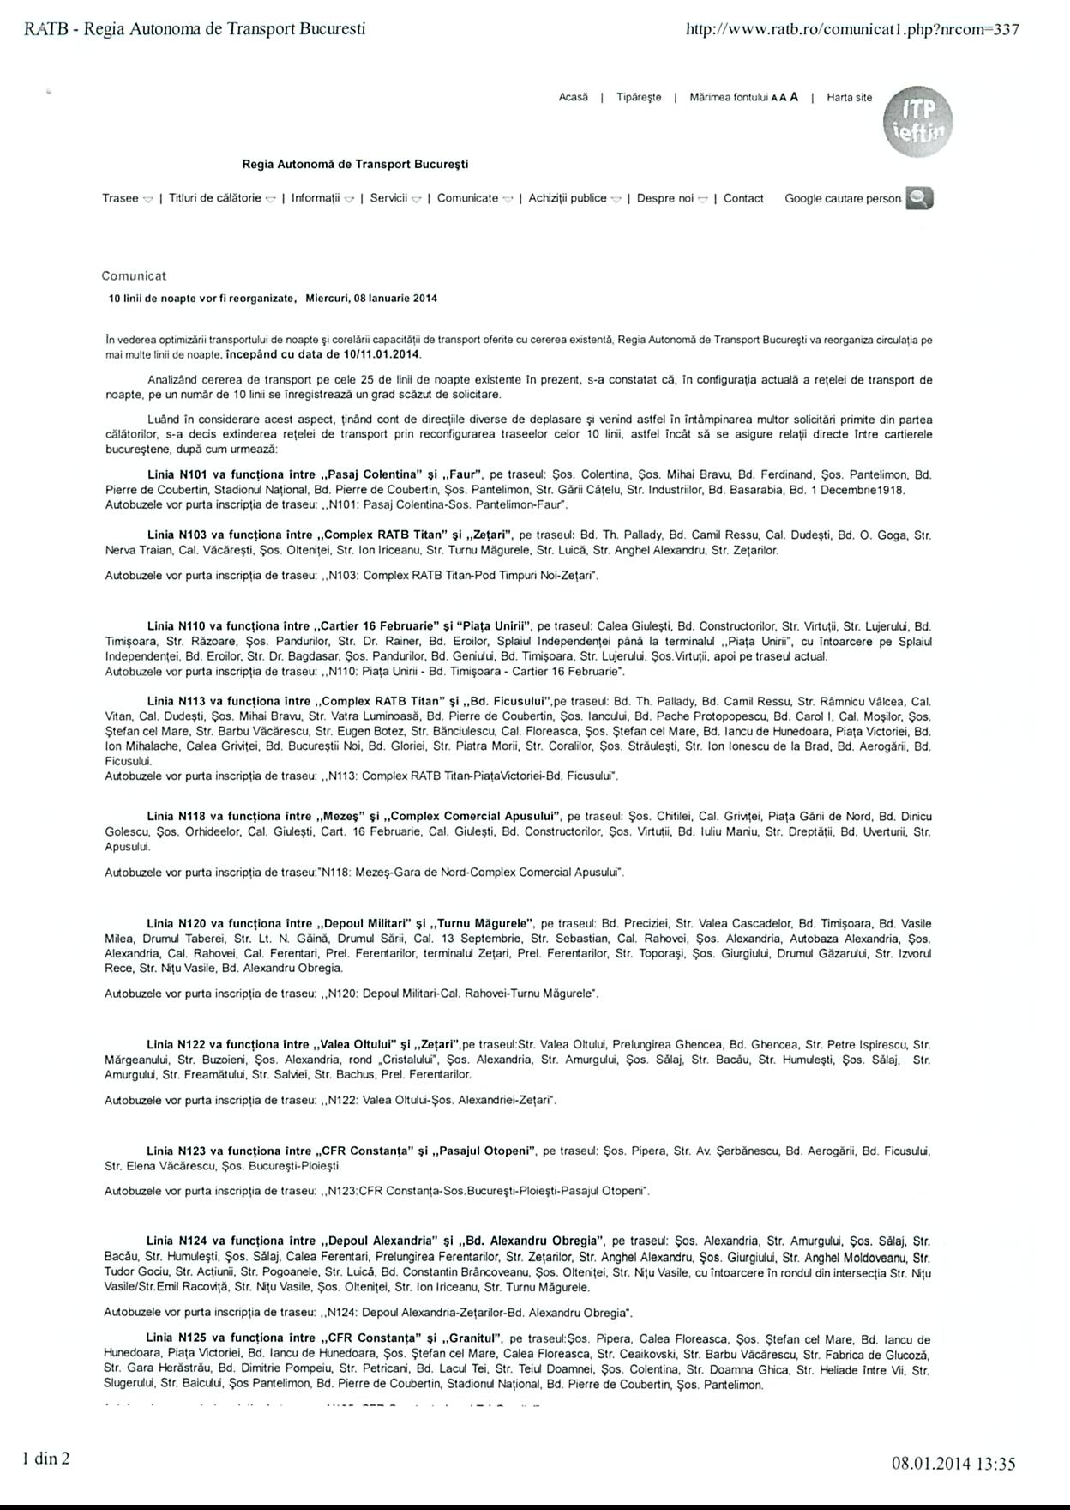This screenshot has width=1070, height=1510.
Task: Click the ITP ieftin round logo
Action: pyautogui.click(x=917, y=121)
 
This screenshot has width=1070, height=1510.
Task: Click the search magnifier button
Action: pyautogui.click(x=919, y=198)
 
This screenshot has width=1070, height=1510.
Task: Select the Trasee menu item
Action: pyautogui.click(x=121, y=198)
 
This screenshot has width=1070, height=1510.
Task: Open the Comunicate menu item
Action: pyautogui.click(x=468, y=198)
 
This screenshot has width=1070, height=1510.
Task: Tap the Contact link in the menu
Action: pyautogui.click(x=743, y=198)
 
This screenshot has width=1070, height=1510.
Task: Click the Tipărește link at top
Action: pyautogui.click(x=639, y=98)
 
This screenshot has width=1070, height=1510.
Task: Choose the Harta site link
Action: pyautogui.click(x=849, y=98)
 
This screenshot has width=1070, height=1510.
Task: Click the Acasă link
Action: pyautogui.click(x=574, y=98)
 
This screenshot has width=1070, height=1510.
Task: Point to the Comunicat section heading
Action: pyautogui.click(x=134, y=276)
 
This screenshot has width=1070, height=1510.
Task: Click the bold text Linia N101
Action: pyautogui.click(x=175, y=474)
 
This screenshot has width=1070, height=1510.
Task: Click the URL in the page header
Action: pyautogui.click(x=852, y=29)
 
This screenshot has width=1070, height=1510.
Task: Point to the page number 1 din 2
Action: pyautogui.click(x=46, y=1458)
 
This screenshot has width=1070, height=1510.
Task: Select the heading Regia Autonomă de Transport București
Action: pyautogui.click(x=355, y=164)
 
